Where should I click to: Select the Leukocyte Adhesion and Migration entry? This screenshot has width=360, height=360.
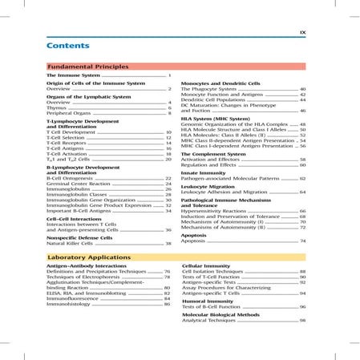(x=236, y=193)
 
